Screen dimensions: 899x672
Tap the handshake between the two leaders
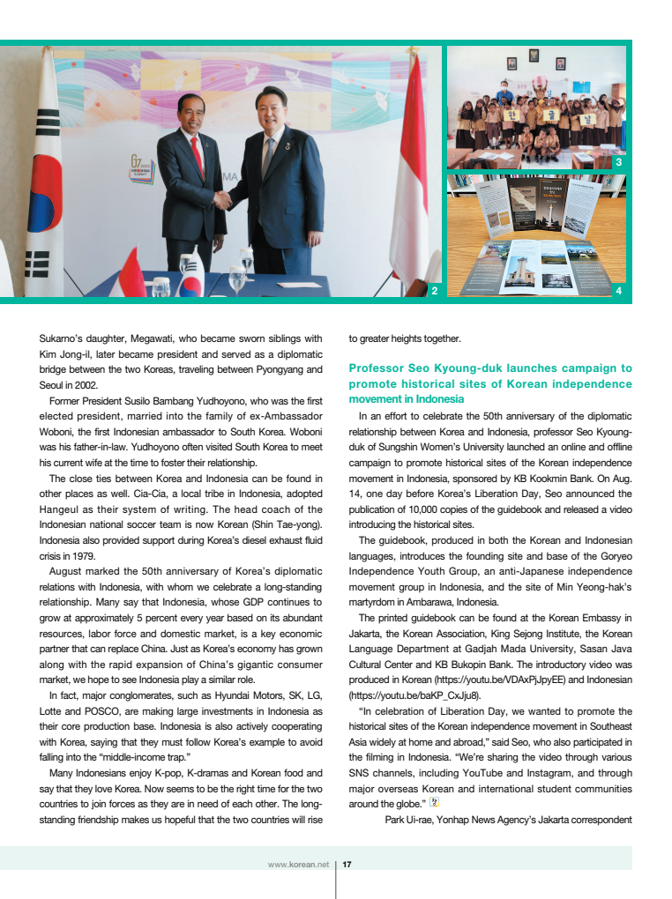coord(223,200)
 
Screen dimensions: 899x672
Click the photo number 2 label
coord(433,290)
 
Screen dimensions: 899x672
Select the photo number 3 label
coord(618,162)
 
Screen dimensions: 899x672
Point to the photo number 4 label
coord(618,290)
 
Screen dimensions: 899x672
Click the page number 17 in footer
coord(347,865)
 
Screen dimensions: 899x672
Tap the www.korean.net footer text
coord(298,865)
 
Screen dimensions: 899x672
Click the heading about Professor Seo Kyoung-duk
coord(490,383)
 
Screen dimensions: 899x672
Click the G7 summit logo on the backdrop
coord(142,167)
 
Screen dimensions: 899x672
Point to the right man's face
coord(270,110)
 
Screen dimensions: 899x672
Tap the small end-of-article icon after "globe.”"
coord(434,803)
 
